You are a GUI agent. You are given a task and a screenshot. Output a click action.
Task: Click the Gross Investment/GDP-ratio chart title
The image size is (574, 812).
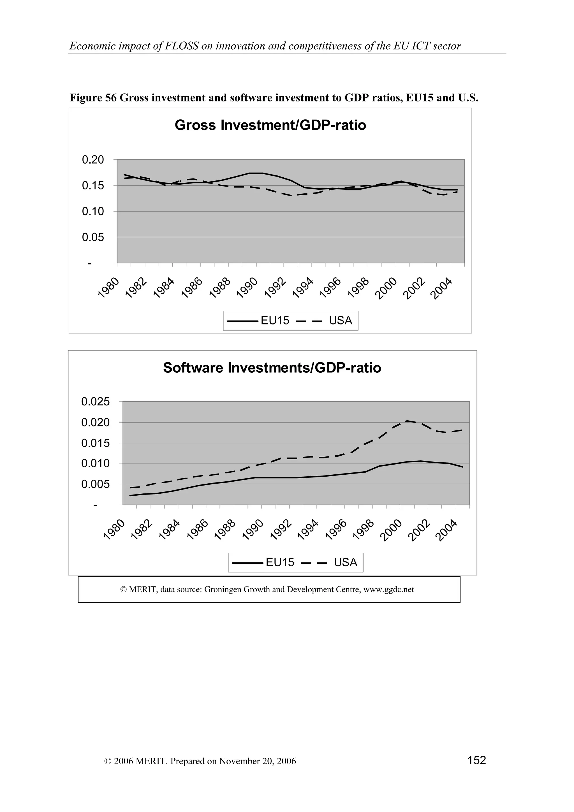click(270, 126)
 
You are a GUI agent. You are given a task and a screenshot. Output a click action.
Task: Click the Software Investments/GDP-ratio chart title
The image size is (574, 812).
click(272, 368)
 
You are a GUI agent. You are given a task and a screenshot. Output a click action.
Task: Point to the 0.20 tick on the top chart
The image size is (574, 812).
click(93, 160)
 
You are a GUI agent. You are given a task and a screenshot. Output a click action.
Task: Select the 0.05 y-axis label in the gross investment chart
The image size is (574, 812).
click(93, 237)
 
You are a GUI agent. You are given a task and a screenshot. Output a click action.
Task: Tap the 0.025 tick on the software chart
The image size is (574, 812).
click(96, 402)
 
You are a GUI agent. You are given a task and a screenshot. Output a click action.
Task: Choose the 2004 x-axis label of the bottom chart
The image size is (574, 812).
click(446, 530)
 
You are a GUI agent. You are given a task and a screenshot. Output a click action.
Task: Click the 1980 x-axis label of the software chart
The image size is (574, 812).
click(114, 530)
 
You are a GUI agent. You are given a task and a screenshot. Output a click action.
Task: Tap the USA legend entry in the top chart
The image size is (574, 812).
click(340, 321)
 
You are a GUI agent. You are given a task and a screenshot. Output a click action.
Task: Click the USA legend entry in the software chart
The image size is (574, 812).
click(345, 563)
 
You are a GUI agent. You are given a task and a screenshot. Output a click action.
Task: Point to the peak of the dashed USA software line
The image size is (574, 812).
click(407, 421)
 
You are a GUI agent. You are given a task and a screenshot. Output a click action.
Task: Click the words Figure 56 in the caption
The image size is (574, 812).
click(93, 98)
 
